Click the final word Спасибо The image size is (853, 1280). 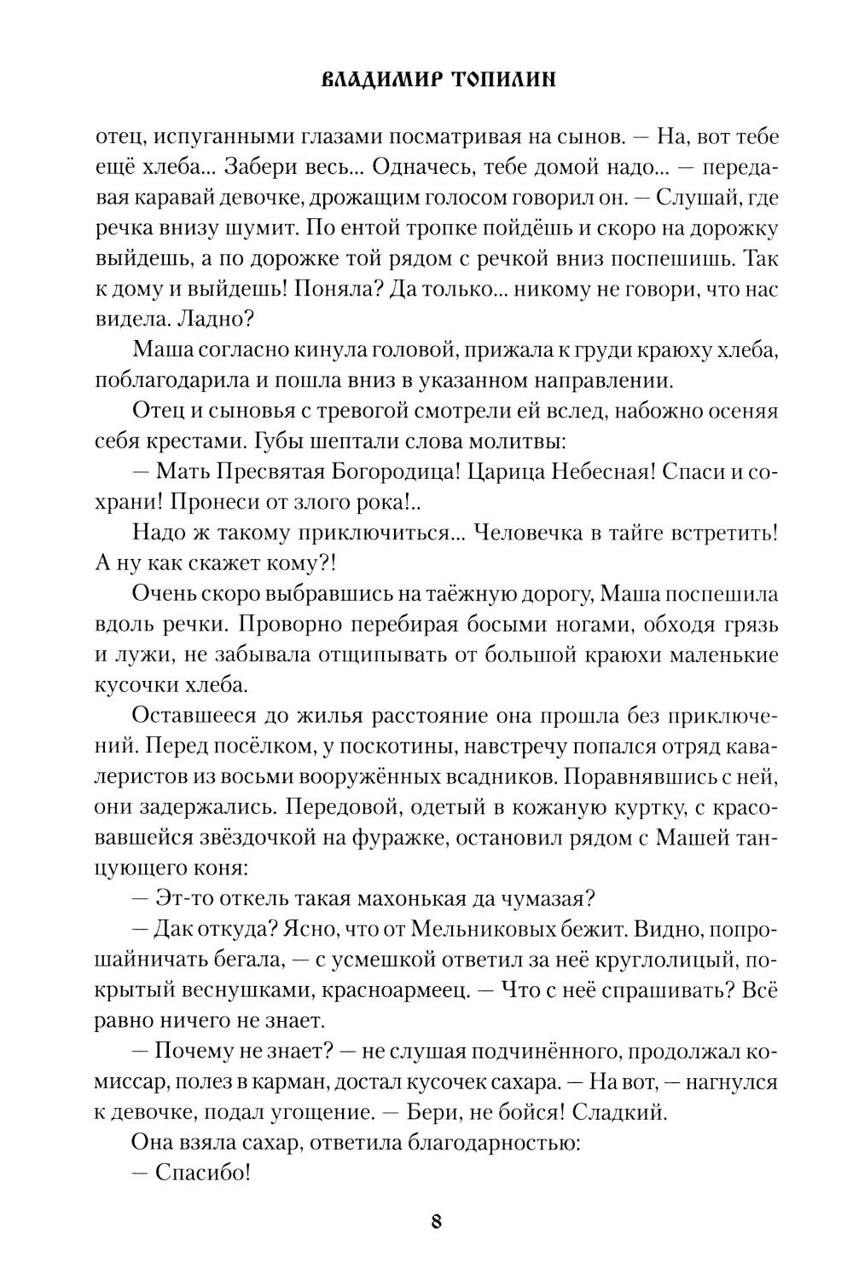coord(202,1173)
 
